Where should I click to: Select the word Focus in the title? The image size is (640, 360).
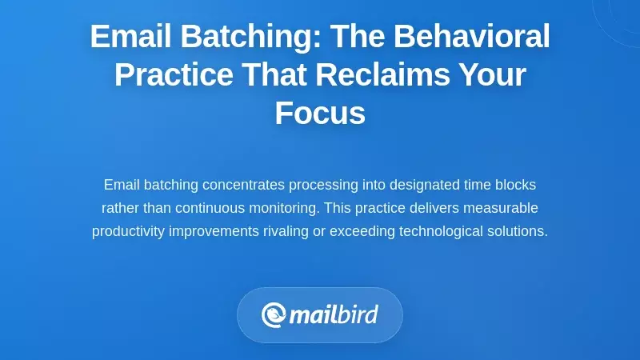[320, 114]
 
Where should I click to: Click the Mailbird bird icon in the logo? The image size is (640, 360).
[274, 314]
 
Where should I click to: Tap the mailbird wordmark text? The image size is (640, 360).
[333, 314]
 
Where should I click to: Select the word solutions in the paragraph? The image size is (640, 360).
[516, 232]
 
